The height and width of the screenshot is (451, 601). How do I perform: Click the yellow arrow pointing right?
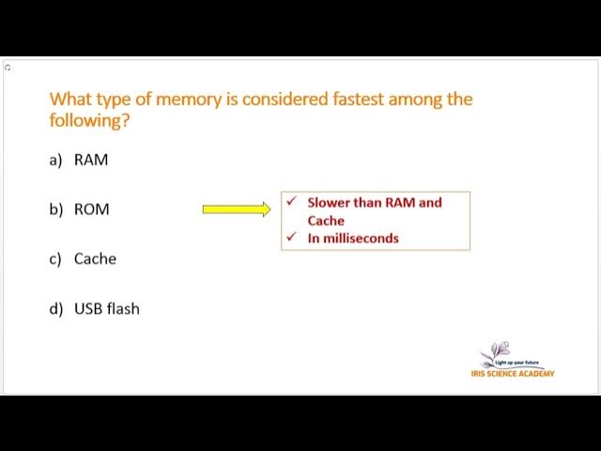click(236, 210)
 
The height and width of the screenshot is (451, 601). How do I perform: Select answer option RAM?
click(91, 160)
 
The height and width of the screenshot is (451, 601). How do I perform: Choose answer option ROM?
click(91, 210)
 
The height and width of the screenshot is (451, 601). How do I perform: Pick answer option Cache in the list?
click(95, 258)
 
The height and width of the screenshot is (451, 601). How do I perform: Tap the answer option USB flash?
click(106, 308)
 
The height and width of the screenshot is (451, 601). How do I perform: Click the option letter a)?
click(55, 160)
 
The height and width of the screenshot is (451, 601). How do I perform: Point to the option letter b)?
click(55, 210)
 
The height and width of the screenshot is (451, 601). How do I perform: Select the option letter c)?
click(55, 258)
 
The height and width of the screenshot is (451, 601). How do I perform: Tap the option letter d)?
click(55, 308)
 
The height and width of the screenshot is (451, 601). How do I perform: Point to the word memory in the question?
click(182, 99)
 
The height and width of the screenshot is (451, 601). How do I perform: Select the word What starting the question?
click(70, 99)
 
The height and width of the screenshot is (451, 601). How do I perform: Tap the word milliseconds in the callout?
click(361, 238)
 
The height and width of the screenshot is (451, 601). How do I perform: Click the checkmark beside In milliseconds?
click(292, 238)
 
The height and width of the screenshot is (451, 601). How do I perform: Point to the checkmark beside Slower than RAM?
click(292, 202)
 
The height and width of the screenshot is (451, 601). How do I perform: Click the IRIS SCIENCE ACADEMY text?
click(513, 374)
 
